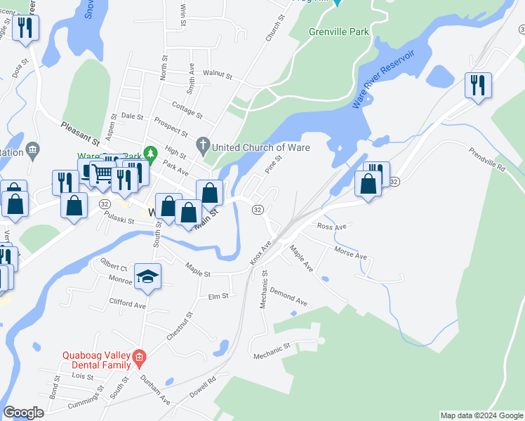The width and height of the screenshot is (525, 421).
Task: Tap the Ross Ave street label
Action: point(332,227)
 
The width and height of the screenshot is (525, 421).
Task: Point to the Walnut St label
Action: point(217,73)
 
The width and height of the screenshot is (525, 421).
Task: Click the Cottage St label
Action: point(187,110)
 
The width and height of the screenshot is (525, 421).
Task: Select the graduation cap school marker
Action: point(148,276)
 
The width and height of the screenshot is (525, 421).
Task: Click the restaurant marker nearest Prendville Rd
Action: point(478,85)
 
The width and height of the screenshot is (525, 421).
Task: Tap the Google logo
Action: point(23,412)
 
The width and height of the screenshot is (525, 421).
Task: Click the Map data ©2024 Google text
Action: point(481,415)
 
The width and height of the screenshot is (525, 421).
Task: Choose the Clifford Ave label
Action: point(127,304)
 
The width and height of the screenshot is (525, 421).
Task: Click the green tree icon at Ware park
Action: point(149,152)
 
